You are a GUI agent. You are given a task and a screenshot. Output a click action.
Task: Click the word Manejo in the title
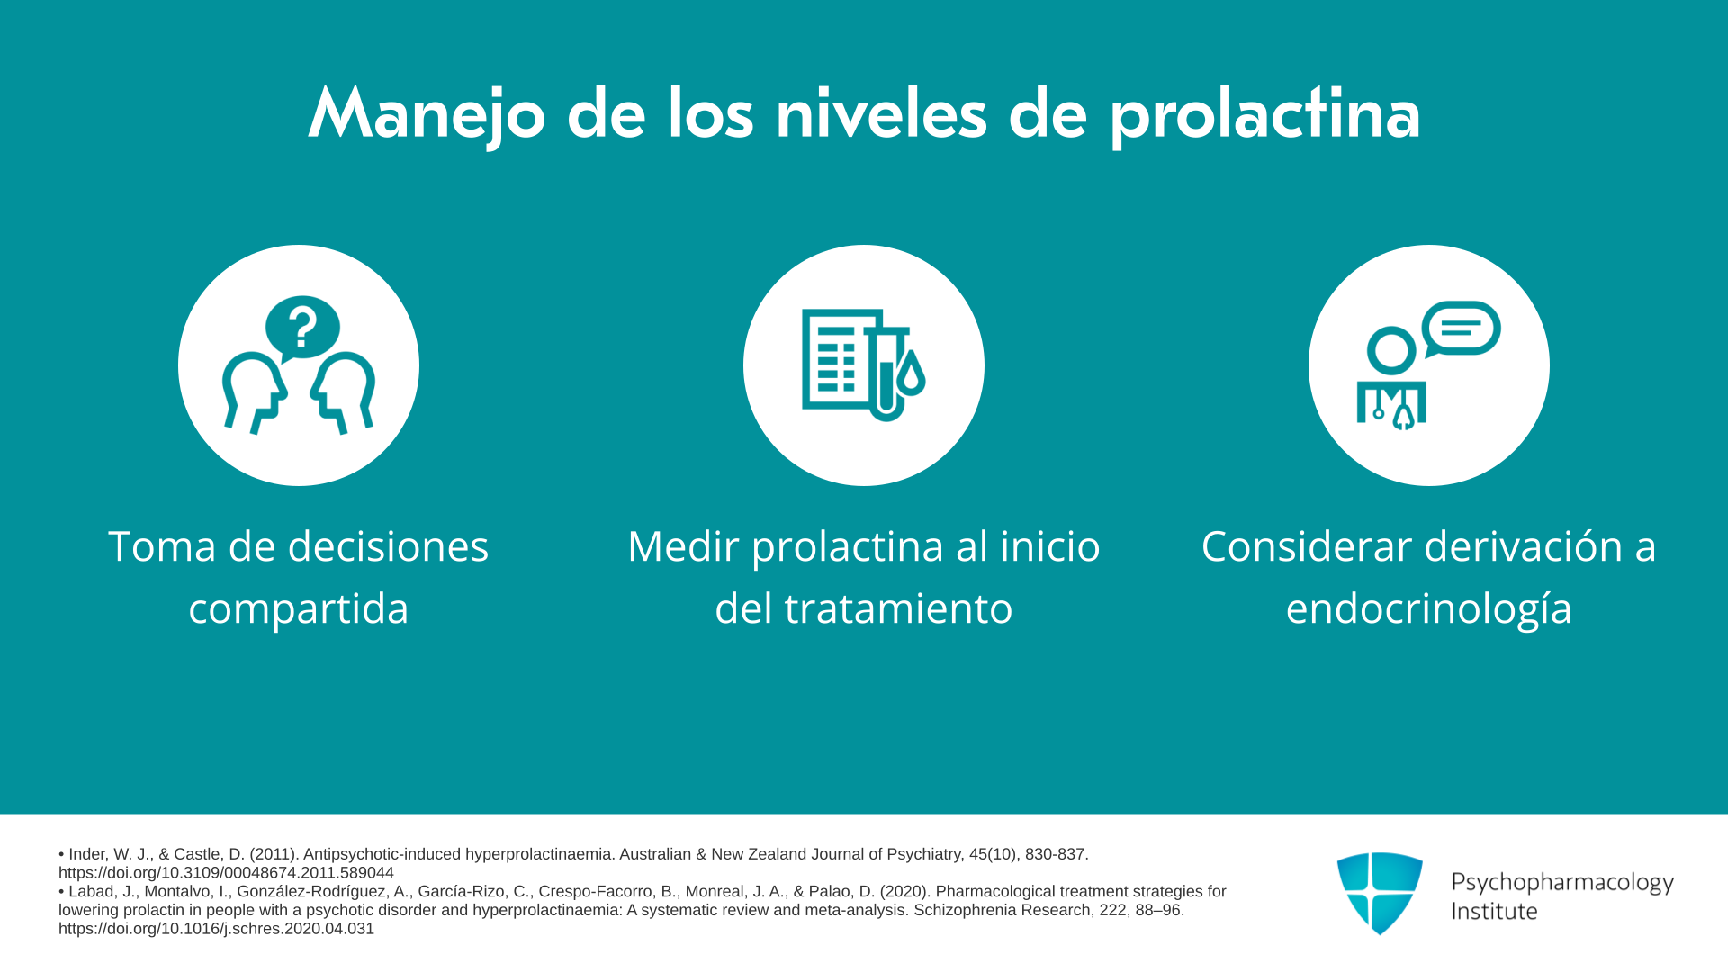point(427,114)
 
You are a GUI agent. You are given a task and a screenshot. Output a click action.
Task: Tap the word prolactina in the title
point(1265,114)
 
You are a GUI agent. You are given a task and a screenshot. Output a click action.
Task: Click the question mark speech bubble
point(302,328)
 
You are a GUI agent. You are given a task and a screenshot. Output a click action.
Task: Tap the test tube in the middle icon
point(886,373)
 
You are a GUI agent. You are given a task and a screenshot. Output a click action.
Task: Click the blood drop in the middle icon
point(912,373)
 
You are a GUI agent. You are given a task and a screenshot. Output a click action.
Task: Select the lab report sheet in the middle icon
point(837,358)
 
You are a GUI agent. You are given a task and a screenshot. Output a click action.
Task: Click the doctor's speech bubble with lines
point(1461,328)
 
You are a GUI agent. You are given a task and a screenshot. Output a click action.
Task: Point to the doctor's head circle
point(1391,351)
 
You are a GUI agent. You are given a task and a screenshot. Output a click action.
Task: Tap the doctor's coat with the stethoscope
point(1391,405)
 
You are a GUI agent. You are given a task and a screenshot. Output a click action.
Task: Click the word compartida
point(299,609)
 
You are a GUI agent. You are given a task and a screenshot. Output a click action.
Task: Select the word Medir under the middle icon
point(684,546)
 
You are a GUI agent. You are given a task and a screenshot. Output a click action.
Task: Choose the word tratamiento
point(899,608)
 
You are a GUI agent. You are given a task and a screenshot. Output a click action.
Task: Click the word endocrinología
point(1428,609)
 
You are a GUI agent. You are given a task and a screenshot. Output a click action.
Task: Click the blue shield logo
point(1380,893)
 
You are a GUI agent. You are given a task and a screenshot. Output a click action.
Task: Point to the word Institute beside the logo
point(1494,911)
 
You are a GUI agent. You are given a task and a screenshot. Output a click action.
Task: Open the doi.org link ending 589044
point(226,873)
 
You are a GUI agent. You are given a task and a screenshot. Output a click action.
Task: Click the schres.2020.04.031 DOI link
point(216,929)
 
